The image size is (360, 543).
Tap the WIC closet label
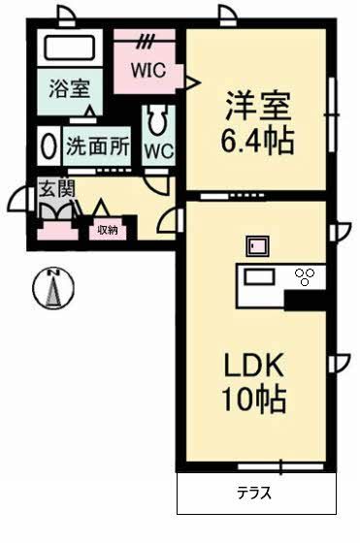pyautogui.click(x=149, y=70)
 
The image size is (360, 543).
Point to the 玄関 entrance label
pyautogui.click(x=56, y=187)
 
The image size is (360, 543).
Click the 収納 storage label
pyautogui.click(x=107, y=230)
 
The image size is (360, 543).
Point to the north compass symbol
pyautogui.click(x=55, y=287)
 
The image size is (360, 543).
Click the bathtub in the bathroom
pyautogui.click(x=70, y=48)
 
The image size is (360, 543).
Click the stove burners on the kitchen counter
pyautogui.click(x=305, y=277)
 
